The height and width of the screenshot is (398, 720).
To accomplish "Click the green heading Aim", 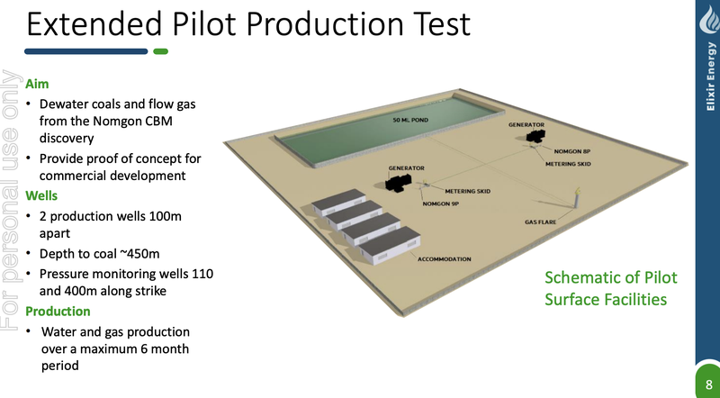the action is (37, 84).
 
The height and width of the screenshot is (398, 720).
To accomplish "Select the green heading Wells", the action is (41, 195).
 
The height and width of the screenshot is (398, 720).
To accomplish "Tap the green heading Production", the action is (58, 312).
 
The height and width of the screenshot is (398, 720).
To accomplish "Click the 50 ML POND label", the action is (410, 120).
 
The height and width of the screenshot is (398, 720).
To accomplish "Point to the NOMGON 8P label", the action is (571, 151).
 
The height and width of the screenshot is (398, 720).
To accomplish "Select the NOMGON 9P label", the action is (440, 204).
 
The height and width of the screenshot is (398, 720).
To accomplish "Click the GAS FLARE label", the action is (541, 222).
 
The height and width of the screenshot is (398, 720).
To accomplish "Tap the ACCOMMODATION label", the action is (444, 259).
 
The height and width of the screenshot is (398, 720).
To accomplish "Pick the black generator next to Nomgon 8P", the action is (535, 136).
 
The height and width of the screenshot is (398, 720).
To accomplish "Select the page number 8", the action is (709, 384).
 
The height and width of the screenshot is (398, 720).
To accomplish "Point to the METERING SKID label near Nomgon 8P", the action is (568, 164).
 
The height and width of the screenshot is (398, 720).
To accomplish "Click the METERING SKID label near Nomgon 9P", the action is (467, 191).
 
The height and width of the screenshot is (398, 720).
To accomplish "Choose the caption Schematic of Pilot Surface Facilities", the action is (611, 289).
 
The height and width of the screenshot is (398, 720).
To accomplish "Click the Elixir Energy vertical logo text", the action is (710, 77).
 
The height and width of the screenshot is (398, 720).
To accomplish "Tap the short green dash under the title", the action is (161, 51).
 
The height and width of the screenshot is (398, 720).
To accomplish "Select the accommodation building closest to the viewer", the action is (390, 246).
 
